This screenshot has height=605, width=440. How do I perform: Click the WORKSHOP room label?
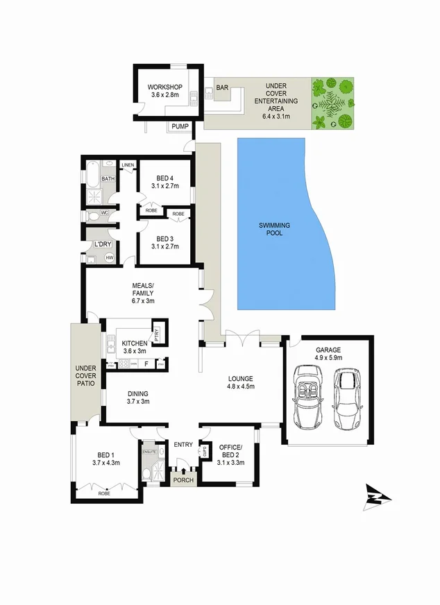pos(164,87)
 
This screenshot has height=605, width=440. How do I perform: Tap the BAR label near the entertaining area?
pos(223,88)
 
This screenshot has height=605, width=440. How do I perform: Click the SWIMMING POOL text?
pos(275,230)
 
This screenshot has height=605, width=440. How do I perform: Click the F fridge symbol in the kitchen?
pos(146,363)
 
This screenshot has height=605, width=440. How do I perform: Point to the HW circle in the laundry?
pos(109,258)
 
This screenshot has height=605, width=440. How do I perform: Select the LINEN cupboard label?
pos(128,164)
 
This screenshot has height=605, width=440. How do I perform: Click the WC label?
pos(105,213)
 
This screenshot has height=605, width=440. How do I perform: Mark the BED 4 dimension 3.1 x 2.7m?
pos(165,186)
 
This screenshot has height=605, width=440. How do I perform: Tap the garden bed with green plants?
pos(332,103)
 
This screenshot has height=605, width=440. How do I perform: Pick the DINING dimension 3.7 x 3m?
pos(138,401)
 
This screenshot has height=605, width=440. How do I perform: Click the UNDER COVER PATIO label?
pos(86,377)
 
